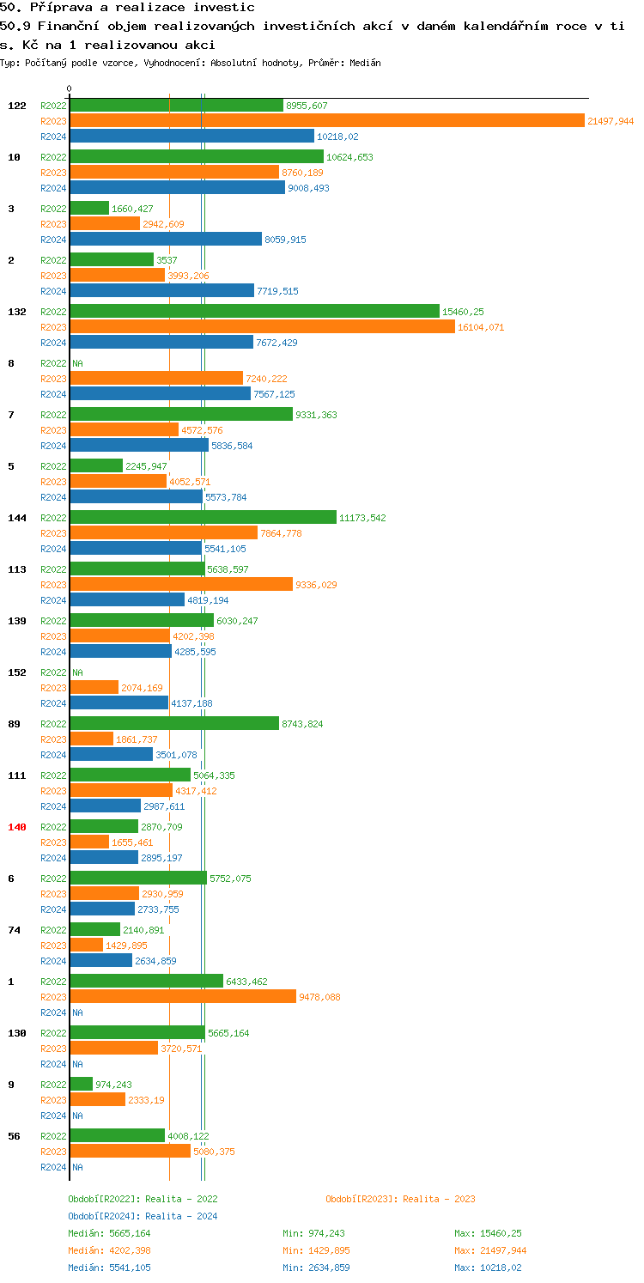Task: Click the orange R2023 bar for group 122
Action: (x=326, y=121)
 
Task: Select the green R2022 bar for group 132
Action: (x=253, y=312)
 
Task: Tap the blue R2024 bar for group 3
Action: (x=165, y=240)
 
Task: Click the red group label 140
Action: (x=17, y=827)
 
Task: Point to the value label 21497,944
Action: (x=611, y=121)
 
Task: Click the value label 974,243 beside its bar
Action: (x=113, y=1085)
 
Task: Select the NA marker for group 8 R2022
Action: (x=77, y=363)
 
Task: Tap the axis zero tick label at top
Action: (x=70, y=89)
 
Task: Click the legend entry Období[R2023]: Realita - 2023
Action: (x=400, y=1199)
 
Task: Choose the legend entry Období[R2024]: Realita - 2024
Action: (x=143, y=1216)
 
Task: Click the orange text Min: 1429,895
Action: (x=316, y=1250)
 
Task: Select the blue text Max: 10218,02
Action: (x=488, y=1268)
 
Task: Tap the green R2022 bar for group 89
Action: (x=174, y=724)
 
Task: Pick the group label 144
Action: (x=17, y=518)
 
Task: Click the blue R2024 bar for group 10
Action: (x=177, y=188)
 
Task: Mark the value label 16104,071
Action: (x=481, y=327)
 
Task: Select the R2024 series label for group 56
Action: (x=53, y=1167)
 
